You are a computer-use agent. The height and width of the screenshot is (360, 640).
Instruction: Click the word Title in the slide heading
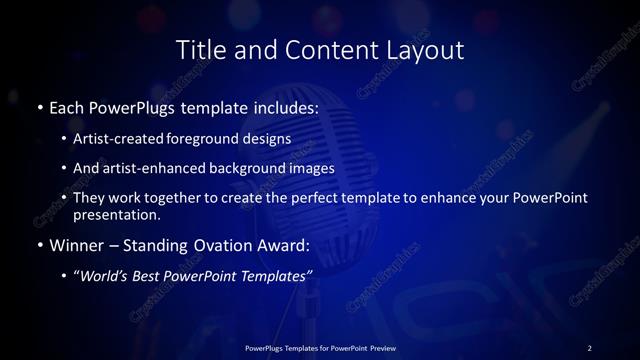click(200, 49)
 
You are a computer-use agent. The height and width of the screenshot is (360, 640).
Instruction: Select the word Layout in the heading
click(425, 49)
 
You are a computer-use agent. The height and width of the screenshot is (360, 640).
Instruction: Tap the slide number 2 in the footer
click(589, 347)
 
